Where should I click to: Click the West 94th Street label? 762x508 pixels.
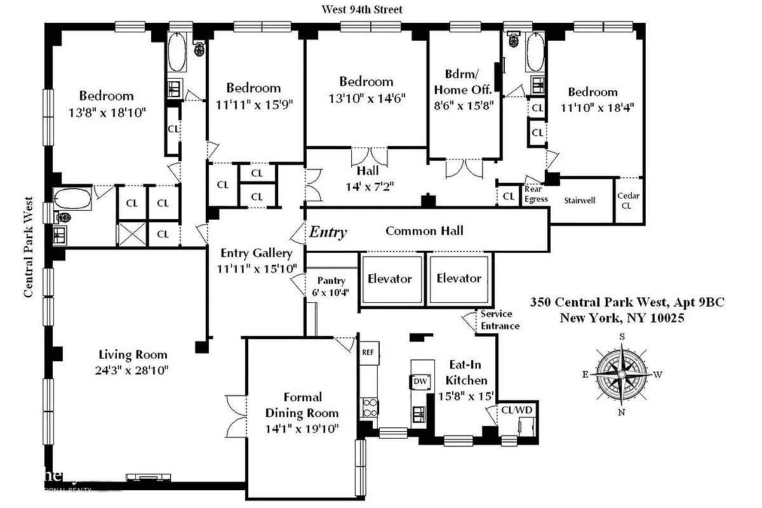click(362, 10)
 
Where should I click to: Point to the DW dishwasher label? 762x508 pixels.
click(420, 382)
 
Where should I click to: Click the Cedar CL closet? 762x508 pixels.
click(629, 201)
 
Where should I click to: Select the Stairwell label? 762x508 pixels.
click(580, 201)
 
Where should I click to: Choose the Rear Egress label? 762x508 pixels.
click(536, 194)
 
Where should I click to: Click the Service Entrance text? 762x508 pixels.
click(500, 320)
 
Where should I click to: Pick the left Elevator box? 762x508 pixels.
click(390, 279)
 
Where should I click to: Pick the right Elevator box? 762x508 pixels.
click(458, 279)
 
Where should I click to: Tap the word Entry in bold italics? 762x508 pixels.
click(328, 232)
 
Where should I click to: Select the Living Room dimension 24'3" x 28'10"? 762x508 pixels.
click(133, 369)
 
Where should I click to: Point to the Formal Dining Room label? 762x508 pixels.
click(302, 405)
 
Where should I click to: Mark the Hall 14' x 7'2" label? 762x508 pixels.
click(368, 178)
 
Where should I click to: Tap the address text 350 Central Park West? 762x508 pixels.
click(627, 303)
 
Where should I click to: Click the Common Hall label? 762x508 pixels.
click(424, 231)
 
